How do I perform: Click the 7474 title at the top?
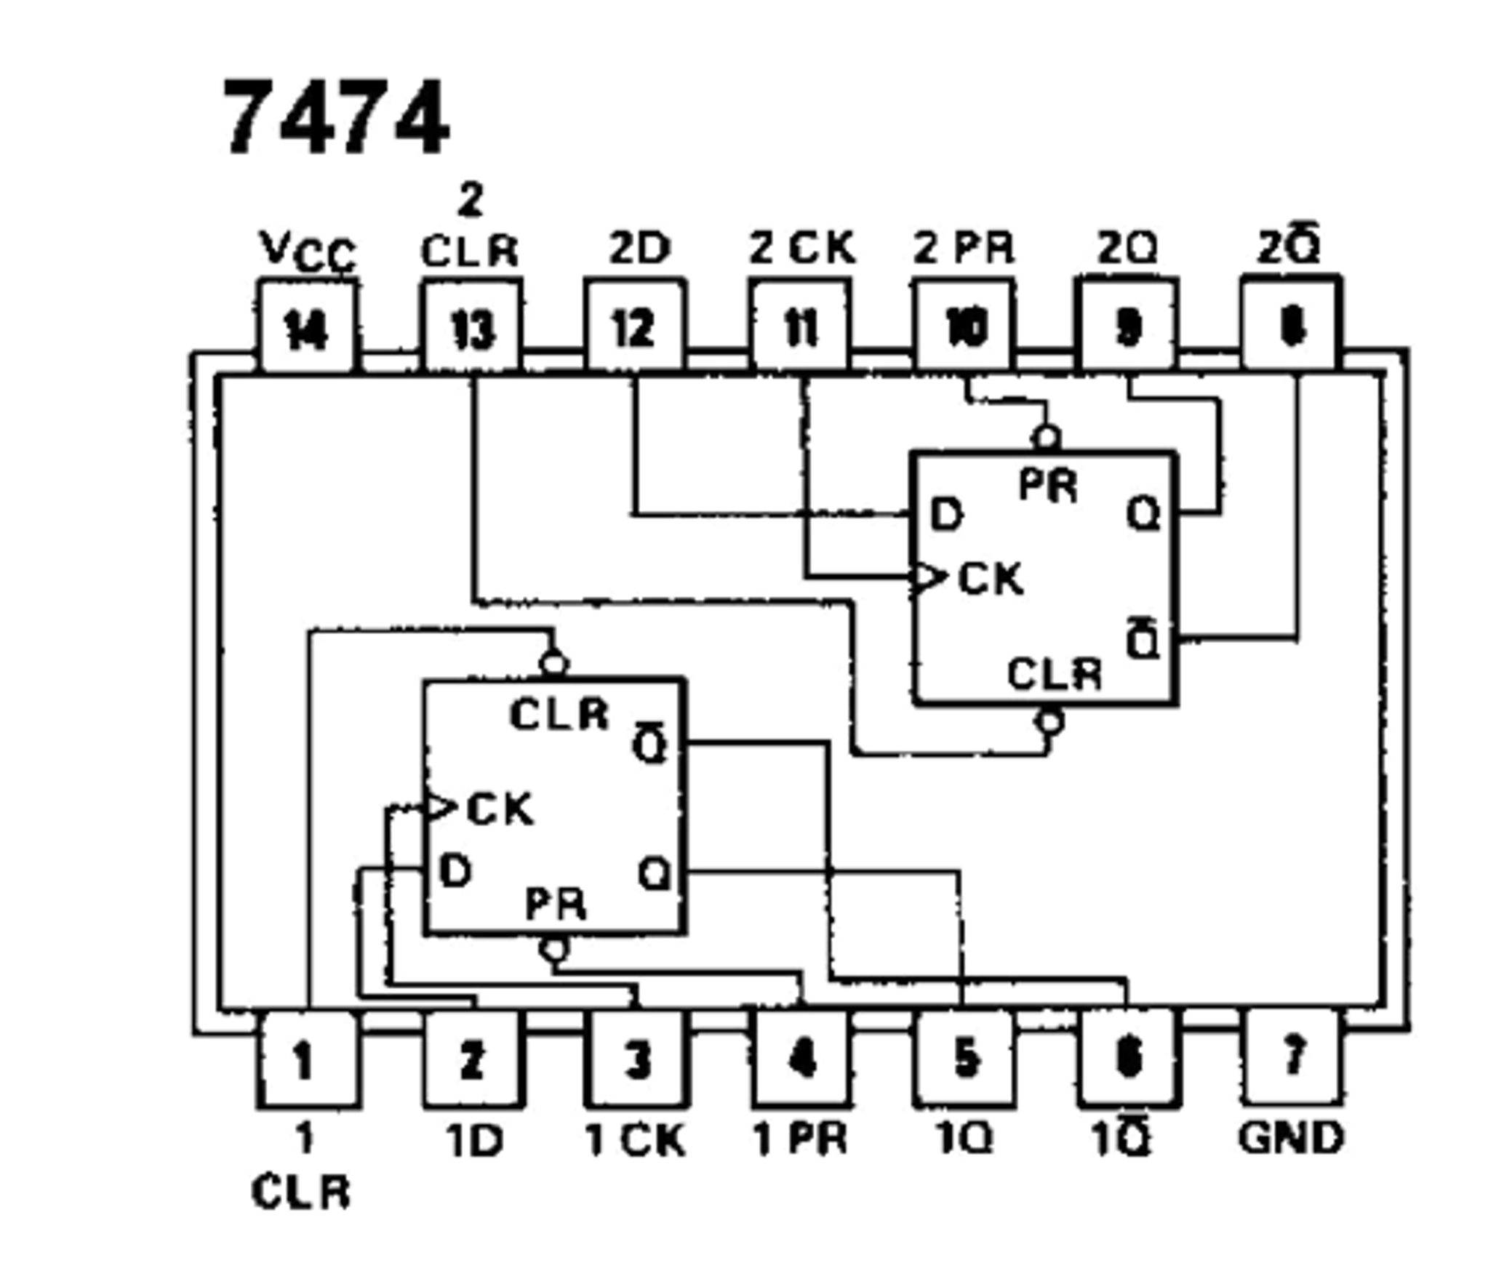click(x=336, y=118)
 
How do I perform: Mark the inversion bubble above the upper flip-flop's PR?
click(x=1046, y=438)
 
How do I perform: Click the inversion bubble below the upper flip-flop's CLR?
click(x=1049, y=722)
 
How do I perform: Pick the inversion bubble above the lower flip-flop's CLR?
click(x=554, y=663)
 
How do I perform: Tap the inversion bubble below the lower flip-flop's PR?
click(x=554, y=949)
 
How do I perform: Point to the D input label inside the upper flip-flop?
click(x=946, y=515)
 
